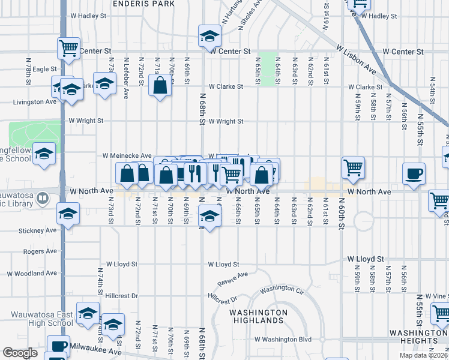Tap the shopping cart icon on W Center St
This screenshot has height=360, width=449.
coord(68,47)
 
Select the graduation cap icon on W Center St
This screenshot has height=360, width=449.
coord(210,37)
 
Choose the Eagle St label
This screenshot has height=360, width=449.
coord(44,70)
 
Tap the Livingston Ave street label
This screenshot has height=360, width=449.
coord(26,103)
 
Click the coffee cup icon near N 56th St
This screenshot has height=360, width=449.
coord(414,174)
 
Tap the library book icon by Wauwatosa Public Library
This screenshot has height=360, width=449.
coord(43,197)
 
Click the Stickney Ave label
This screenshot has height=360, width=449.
coord(37,230)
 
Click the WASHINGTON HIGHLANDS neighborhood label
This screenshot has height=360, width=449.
coord(258,316)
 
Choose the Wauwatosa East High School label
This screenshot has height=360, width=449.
coord(41,319)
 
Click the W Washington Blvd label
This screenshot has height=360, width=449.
coord(284,339)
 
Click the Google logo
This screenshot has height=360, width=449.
coord(20,353)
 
